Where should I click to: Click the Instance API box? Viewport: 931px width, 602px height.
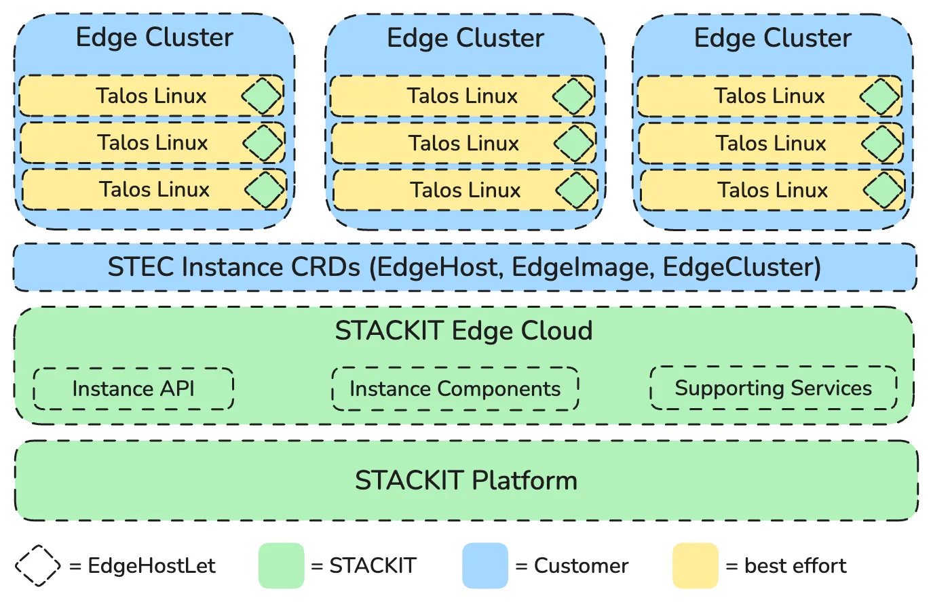pyautogui.click(x=133, y=388)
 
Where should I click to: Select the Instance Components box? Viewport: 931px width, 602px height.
pyautogui.click(x=455, y=388)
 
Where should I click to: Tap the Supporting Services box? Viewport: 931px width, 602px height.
pyautogui.click(x=773, y=388)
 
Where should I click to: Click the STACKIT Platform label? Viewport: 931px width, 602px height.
pyautogui.click(x=465, y=480)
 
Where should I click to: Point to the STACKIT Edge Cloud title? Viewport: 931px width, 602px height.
pyautogui.click(x=464, y=331)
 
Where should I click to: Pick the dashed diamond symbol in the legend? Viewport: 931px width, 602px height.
pyautogui.click(x=37, y=565)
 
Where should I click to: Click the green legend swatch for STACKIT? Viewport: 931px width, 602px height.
pyautogui.click(x=281, y=565)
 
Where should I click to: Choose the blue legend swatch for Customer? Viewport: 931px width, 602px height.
pyautogui.click(x=485, y=565)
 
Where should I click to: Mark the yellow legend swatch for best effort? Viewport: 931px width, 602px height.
pyautogui.click(x=696, y=565)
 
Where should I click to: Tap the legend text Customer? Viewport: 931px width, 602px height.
pyautogui.click(x=581, y=565)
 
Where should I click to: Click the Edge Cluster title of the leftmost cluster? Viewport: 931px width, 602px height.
pyautogui.click(x=154, y=37)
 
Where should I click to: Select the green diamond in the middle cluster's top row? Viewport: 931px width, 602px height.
pyautogui.click(x=573, y=96)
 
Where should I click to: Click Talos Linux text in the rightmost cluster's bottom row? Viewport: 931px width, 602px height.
pyautogui.click(x=773, y=190)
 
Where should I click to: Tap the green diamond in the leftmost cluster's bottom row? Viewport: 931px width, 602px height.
pyautogui.click(x=265, y=190)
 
